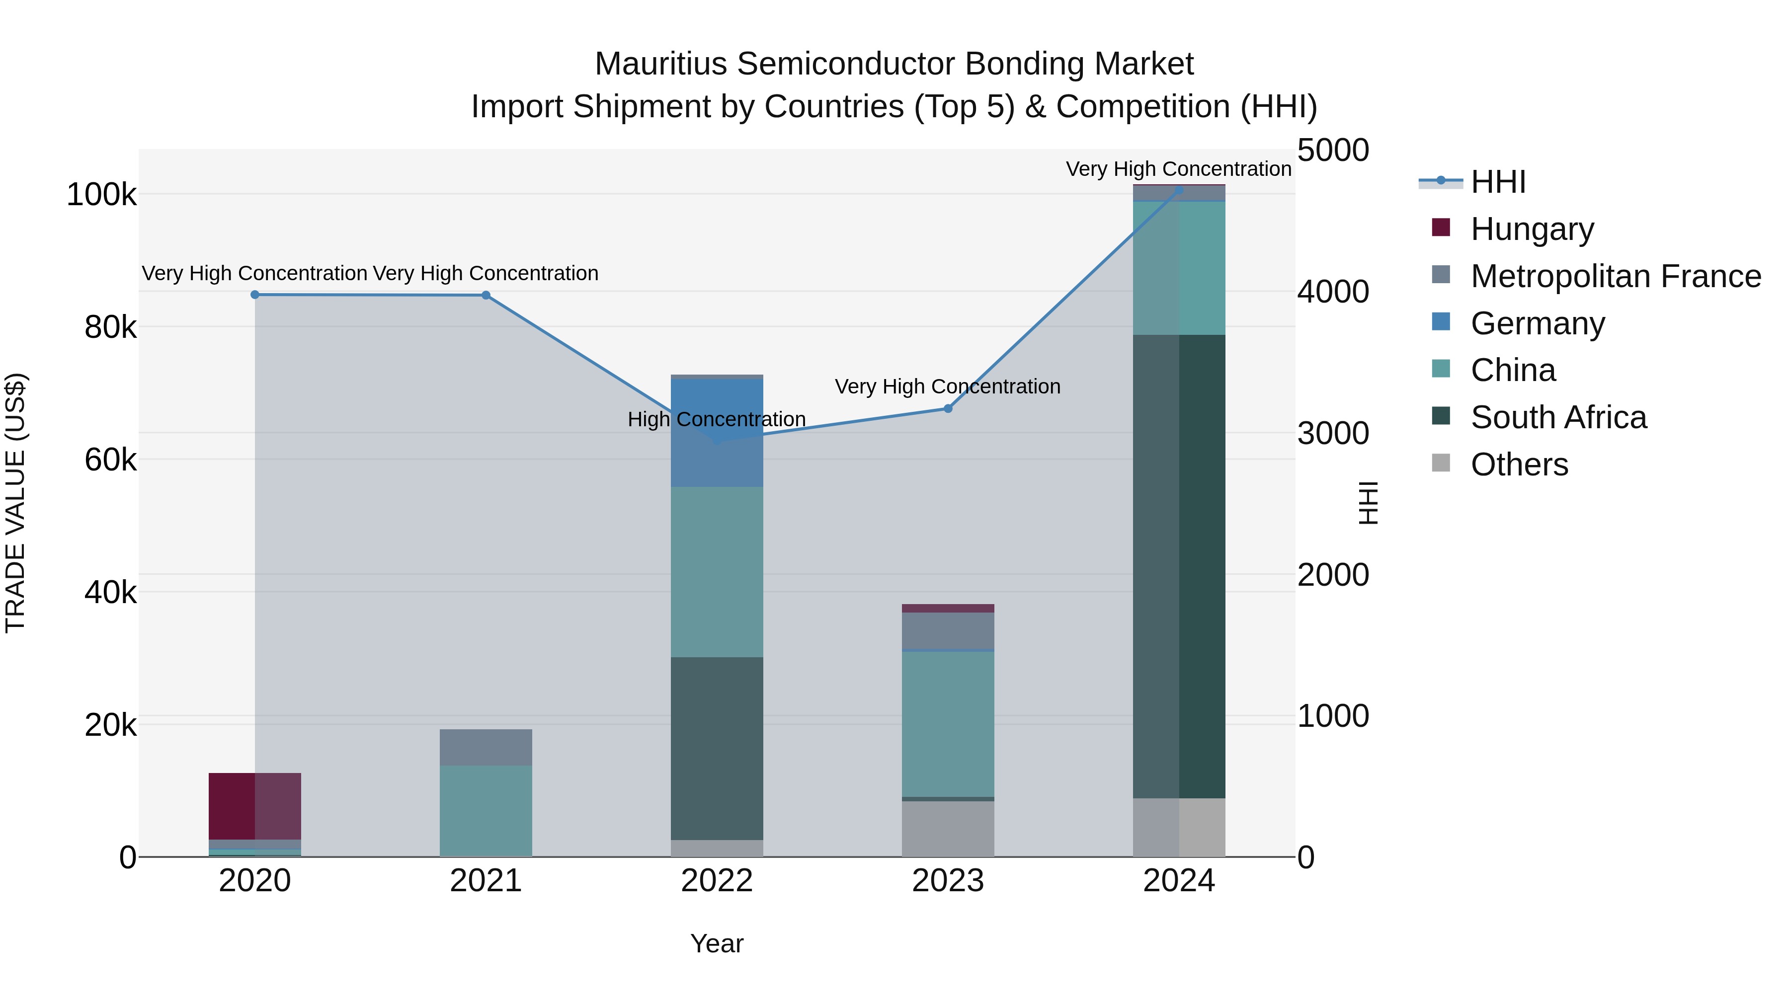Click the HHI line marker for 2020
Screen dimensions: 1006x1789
[255, 295]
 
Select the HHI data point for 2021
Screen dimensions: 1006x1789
[486, 295]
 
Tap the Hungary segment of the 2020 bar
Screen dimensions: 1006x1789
[255, 805]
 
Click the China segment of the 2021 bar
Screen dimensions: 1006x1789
[486, 810]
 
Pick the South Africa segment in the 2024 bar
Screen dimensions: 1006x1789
[1179, 566]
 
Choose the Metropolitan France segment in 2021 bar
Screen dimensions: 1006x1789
[486, 747]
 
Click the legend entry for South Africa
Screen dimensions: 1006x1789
[1558, 417]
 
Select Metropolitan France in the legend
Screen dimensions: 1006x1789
[1616, 276]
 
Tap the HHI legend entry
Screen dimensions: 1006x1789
[1498, 182]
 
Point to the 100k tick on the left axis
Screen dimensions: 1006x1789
[101, 194]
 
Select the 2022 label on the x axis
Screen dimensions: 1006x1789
[717, 881]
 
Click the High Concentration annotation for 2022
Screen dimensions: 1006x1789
[717, 419]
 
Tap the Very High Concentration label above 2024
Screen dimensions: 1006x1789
[1179, 169]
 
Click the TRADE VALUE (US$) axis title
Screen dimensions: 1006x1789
[15, 503]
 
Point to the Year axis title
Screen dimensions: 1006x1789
[717, 943]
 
